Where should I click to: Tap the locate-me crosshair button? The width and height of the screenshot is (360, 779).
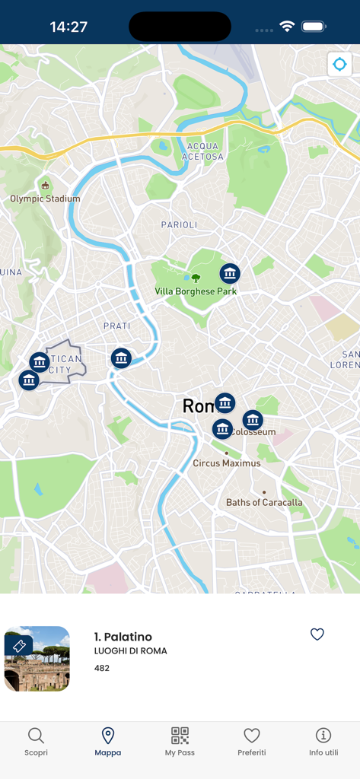(x=339, y=65)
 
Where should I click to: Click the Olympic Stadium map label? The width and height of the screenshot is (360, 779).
(x=45, y=199)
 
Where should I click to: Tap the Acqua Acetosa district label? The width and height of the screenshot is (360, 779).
(x=202, y=151)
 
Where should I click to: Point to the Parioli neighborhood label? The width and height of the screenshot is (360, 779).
(x=179, y=225)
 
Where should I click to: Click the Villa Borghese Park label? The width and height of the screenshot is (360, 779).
(x=196, y=291)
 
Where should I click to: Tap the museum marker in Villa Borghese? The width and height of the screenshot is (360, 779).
(x=230, y=273)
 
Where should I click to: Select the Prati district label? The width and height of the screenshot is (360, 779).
(x=117, y=326)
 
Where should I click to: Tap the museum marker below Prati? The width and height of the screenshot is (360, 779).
(x=121, y=358)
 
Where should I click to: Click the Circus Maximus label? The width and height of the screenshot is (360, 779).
(x=227, y=463)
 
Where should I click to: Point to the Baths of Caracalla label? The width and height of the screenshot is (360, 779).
(x=264, y=503)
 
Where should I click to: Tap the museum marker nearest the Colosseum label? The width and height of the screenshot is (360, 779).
(x=253, y=419)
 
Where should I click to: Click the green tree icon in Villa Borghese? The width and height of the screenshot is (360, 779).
(x=196, y=278)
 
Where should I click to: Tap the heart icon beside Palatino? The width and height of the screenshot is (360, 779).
(x=317, y=634)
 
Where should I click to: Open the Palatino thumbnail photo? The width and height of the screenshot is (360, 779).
(x=37, y=659)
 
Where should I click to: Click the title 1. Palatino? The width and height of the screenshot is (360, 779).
(x=123, y=637)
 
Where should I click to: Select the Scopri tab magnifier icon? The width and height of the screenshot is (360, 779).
(x=36, y=736)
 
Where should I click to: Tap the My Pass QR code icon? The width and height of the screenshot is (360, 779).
(x=180, y=736)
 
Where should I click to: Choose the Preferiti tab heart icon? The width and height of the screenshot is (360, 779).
(x=252, y=736)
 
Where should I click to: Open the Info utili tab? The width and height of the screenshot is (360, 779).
(x=323, y=741)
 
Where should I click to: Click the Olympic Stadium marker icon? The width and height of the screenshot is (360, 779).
(x=45, y=185)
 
